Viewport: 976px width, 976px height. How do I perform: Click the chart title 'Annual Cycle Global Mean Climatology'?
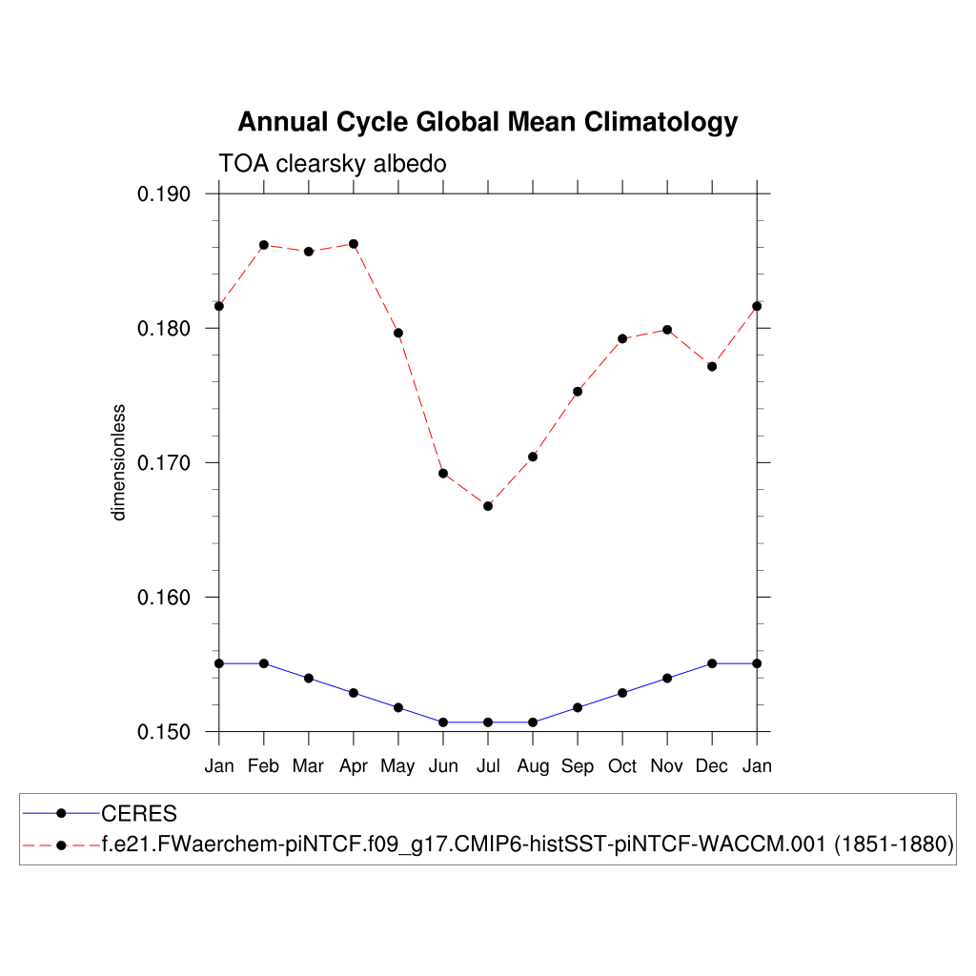pyautogui.click(x=487, y=123)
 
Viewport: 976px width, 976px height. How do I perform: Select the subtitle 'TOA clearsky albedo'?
pyautogui.click(x=333, y=164)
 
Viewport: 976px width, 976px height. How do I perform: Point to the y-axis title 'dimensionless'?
pyautogui.click(x=119, y=462)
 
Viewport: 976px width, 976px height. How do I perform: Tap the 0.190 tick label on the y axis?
pyautogui.click(x=165, y=194)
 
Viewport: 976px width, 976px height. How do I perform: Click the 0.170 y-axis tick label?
pyautogui.click(x=165, y=463)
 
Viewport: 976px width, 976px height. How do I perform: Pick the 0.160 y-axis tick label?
pyautogui.click(x=165, y=598)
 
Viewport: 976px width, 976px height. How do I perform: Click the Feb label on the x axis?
pyautogui.click(x=263, y=766)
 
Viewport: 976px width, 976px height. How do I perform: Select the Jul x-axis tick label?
pyautogui.click(x=487, y=766)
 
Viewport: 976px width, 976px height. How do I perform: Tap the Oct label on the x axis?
pyautogui.click(x=621, y=766)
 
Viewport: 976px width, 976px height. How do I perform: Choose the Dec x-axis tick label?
pyautogui.click(x=711, y=766)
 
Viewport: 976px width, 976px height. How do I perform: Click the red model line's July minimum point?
pyautogui.click(x=488, y=506)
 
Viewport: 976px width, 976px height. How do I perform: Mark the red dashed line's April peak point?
pyautogui.click(x=354, y=244)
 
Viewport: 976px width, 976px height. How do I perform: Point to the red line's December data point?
pyautogui.click(x=712, y=366)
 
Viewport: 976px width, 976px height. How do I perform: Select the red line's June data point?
pyautogui.click(x=443, y=473)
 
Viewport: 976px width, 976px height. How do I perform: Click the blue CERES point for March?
pyautogui.click(x=309, y=678)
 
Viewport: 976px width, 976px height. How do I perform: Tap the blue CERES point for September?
pyautogui.click(x=578, y=707)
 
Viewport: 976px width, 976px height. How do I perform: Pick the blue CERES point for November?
pyautogui.click(x=667, y=678)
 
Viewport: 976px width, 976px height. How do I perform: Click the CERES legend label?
pyautogui.click(x=139, y=814)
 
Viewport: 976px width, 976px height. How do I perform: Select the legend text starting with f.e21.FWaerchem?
pyautogui.click(x=528, y=845)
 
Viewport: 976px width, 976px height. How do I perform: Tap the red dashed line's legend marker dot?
pyautogui.click(x=60, y=845)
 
